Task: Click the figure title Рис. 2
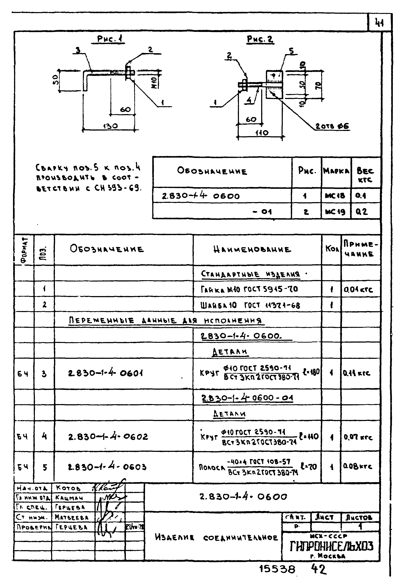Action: click(x=260, y=39)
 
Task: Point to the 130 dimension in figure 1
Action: click(x=110, y=126)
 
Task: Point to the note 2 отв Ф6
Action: click(x=332, y=126)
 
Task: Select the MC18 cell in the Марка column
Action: click(x=335, y=196)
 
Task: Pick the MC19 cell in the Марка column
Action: click(x=335, y=212)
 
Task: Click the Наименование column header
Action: click(x=252, y=250)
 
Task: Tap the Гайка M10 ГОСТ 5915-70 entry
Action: click(x=249, y=289)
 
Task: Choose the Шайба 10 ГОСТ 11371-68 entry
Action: click(x=250, y=305)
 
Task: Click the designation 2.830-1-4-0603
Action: click(x=107, y=467)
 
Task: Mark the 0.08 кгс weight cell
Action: click(x=357, y=466)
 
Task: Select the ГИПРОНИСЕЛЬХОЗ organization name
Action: click(x=331, y=546)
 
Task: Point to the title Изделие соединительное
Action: click(x=216, y=538)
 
